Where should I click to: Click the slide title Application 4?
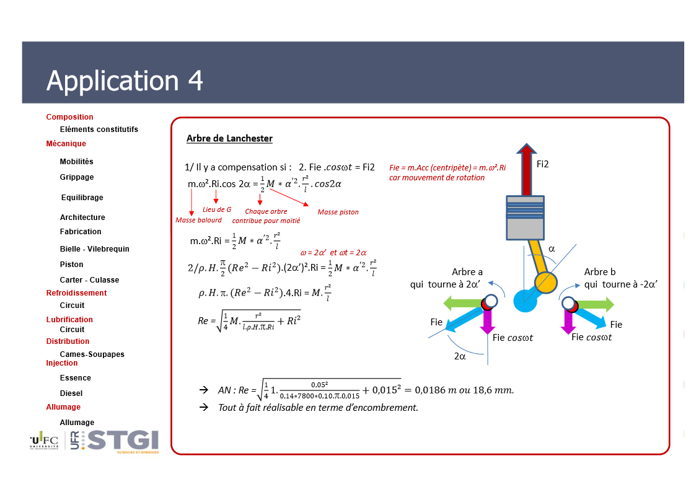point(125,81)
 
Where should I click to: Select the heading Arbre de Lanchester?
point(229,138)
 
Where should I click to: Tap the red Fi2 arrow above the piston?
point(526,169)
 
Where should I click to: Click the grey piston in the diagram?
point(526,218)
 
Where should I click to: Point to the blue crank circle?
point(525,301)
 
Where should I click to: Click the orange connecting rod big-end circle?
point(545,282)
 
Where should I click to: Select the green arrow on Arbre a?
point(462,304)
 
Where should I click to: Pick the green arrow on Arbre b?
point(596,304)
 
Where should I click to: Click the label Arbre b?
point(600,272)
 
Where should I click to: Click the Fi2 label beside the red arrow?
point(542,164)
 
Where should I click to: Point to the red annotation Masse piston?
point(338,212)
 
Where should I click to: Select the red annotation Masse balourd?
point(198,220)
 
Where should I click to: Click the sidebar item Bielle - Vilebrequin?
point(95,249)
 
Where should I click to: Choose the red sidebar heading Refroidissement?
point(76,293)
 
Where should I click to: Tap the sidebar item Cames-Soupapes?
point(92,354)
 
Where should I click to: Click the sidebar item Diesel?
point(71,393)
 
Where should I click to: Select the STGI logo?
point(123,441)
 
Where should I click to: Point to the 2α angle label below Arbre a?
point(460,356)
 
